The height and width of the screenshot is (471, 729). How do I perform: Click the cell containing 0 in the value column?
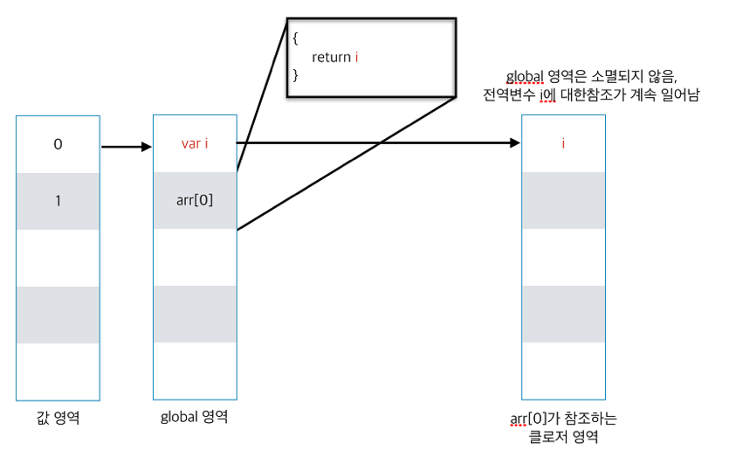58,144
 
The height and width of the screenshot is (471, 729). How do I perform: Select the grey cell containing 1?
58,201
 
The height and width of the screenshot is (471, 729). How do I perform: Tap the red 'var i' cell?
195,144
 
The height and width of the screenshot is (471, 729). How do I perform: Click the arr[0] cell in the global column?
195,200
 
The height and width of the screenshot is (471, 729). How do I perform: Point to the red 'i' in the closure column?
563,144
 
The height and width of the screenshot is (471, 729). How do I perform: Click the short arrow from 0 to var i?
127,147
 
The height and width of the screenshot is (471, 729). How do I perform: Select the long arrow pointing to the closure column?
375,143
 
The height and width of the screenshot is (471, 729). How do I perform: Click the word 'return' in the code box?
332,58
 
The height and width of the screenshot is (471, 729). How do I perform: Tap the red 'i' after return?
357,58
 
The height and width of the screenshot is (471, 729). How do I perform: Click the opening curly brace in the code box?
296,39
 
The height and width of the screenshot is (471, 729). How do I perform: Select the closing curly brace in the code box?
296,75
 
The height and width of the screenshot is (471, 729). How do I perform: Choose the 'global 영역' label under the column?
195,417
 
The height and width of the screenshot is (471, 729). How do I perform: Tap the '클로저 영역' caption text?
563,437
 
